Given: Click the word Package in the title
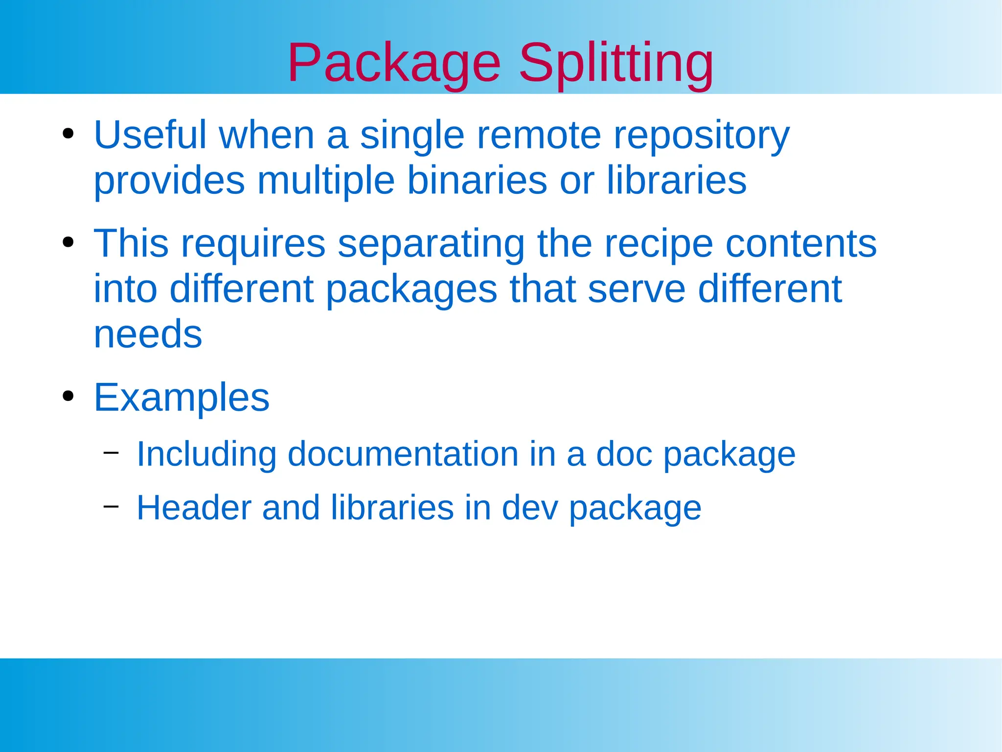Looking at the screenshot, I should point(394,64).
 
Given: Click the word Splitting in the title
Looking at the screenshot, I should point(615,64).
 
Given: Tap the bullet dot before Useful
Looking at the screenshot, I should point(68,134).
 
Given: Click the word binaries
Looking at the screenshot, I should point(477,180).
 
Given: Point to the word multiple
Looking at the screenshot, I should point(326,180).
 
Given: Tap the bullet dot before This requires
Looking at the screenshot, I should point(68,242).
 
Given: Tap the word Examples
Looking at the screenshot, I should point(182,398).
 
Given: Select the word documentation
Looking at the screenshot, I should point(403,454).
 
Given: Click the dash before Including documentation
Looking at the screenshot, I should point(111,452).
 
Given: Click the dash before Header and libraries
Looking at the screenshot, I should point(111,506).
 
